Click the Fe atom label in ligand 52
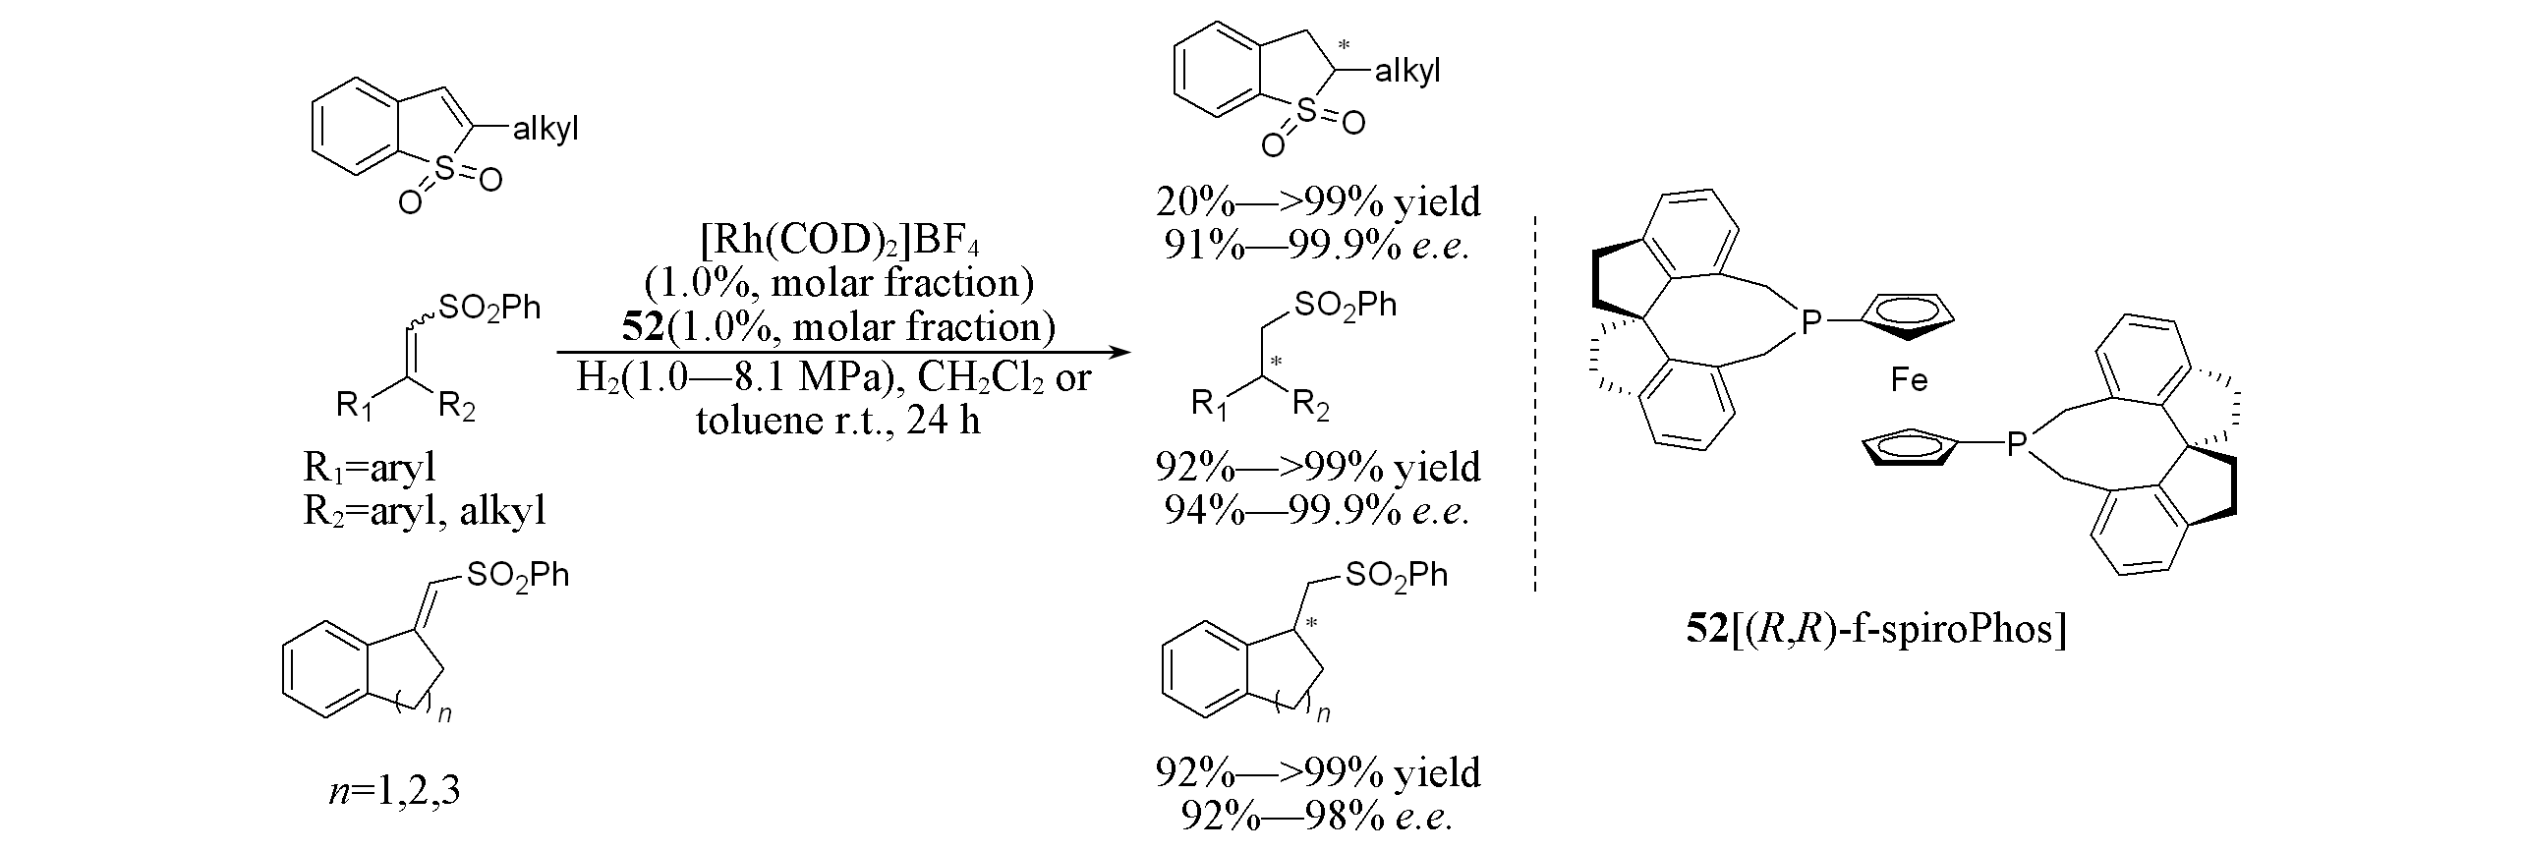pos(1910,380)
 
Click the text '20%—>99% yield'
pos(1318,201)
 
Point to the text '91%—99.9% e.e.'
pos(1317,246)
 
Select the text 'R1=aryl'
pos(370,469)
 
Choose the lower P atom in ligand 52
pos(2016,444)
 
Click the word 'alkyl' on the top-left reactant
pos(545,129)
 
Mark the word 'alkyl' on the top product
pos(1407,72)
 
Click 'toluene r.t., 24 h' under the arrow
pos(838,421)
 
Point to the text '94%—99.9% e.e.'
pos(1317,510)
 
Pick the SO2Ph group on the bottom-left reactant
pos(518,576)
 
